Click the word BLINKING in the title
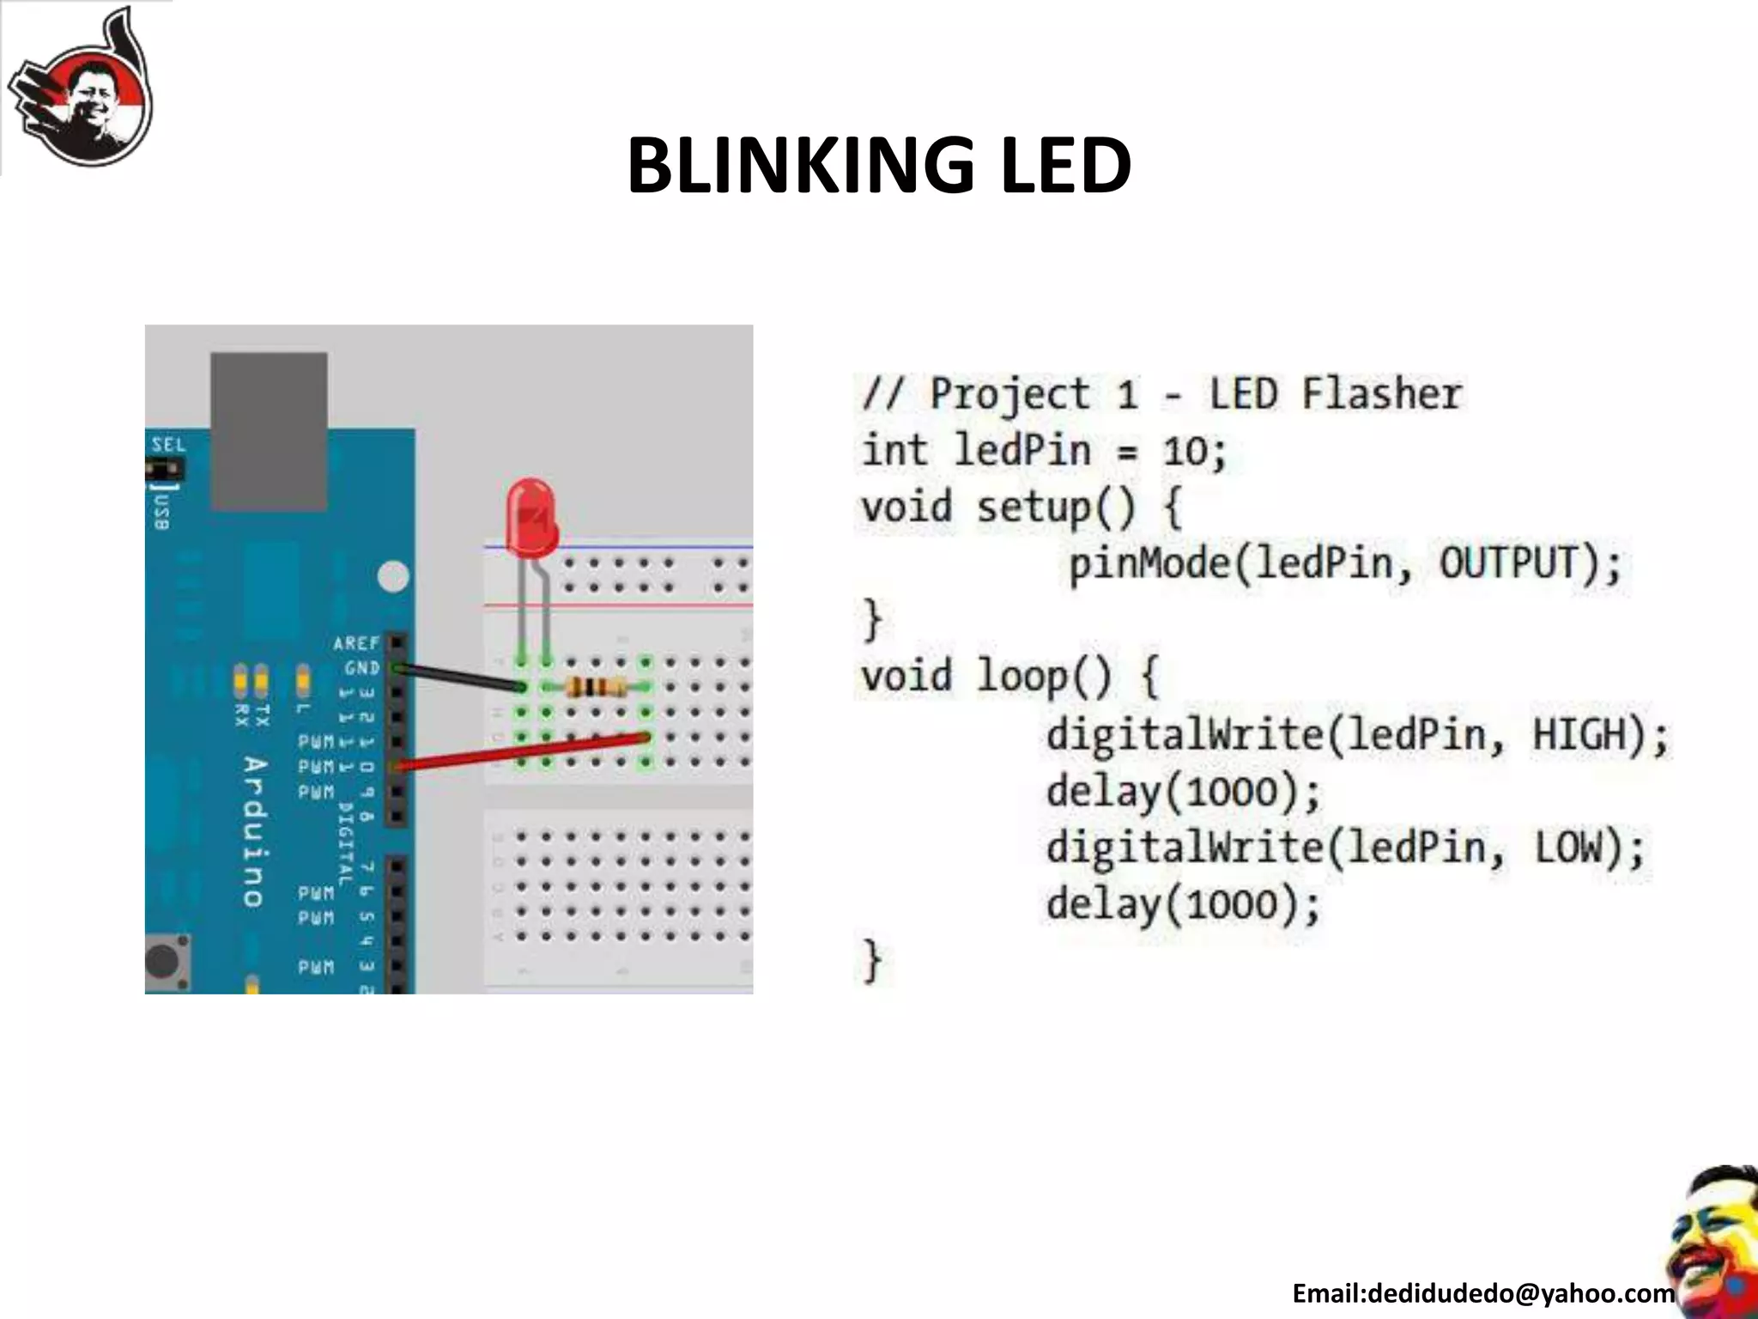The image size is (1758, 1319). (x=798, y=165)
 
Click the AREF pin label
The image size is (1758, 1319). (x=355, y=643)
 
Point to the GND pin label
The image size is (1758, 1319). (x=361, y=667)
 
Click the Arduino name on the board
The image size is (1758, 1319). (x=254, y=831)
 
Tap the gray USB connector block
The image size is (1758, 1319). (x=269, y=431)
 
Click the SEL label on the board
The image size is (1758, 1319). (x=168, y=445)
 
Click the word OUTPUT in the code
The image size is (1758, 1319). (x=1508, y=563)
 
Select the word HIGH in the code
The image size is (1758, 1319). (x=1579, y=735)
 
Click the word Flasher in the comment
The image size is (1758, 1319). (x=1381, y=394)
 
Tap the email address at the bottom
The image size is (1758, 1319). (x=1482, y=1293)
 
